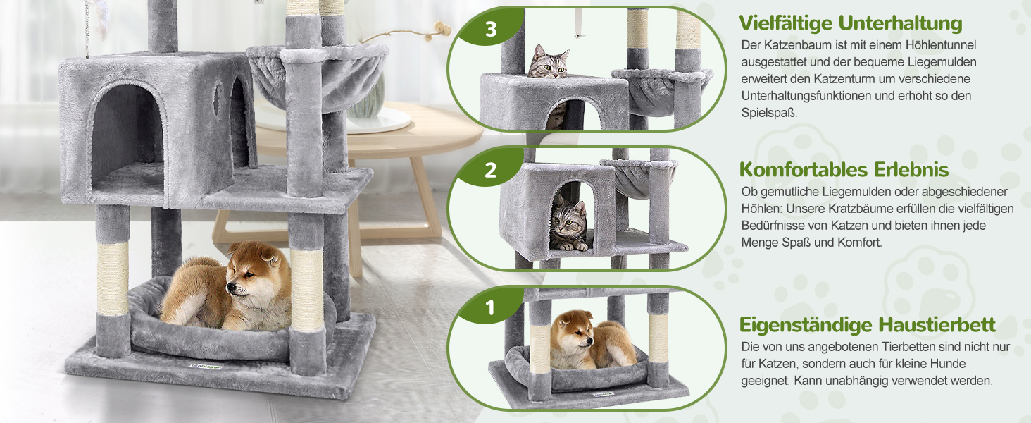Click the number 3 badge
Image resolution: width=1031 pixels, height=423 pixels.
[x=491, y=29]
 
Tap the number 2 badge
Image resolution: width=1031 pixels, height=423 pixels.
[x=491, y=170]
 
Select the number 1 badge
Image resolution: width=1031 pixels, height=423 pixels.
[x=491, y=307]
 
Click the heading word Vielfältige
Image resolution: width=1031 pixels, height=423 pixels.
[x=785, y=23]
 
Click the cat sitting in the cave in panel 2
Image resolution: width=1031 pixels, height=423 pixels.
[x=568, y=223]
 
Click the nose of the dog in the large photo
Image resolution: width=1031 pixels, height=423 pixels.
[x=230, y=289]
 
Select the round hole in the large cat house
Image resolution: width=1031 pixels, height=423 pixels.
[x=217, y=99]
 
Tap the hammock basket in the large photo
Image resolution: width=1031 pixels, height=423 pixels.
[x=318, y=78]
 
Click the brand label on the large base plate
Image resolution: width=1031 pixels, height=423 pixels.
[x=206, y=367]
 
